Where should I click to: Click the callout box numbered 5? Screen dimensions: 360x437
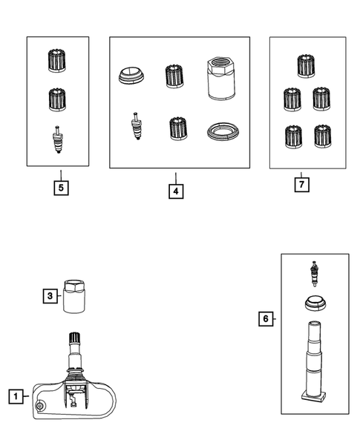pyautogui.click(x=61, y=188)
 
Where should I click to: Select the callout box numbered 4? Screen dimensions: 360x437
pyautogui.click(x=176, y=191)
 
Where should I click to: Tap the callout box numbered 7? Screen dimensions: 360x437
pyautogui.click(x=301, y=185)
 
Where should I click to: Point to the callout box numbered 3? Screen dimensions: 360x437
pyautogui.click(x=50, y=296)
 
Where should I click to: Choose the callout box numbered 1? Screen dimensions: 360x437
pyautogui.click(x=16, y=396)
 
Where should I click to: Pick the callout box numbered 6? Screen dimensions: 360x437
pyautogui.click(x=266, y=318)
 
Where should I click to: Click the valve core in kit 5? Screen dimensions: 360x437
pyautogui.click(x=58, y=139)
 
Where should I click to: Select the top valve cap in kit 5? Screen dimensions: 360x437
pyautogui.click(x=57, y=61)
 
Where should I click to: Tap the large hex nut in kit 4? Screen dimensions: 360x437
pyautogui.click(x=221, y=79)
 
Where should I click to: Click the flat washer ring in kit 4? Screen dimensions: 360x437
pyautogui.click(x=223, y=131)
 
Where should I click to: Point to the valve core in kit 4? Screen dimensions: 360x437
pyautogui.click(x=137, y=125)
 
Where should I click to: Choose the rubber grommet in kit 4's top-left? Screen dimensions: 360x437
pyautogui.click(x=131, y=75)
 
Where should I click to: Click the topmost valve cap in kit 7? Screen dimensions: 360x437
pyautogui.click(x=306, y=66)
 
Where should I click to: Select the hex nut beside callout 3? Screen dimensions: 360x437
pyautogui.click(x=74, y=296)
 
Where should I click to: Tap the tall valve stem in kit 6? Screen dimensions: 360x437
pyautogui.click(x=314, y=361)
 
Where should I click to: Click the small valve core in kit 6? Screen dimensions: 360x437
pyautogui.click(x=315, y=274)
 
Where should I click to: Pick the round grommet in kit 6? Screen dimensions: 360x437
pyautogui.click(x=315, y=303)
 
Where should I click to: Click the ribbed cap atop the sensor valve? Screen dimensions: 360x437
pyautogui.click(x=75, y=338)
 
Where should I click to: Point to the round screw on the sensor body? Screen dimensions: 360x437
pyautogui.click(x=40, y=406)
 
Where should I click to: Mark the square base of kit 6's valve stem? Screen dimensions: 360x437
pyautogui.click(x=314, y=397)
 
